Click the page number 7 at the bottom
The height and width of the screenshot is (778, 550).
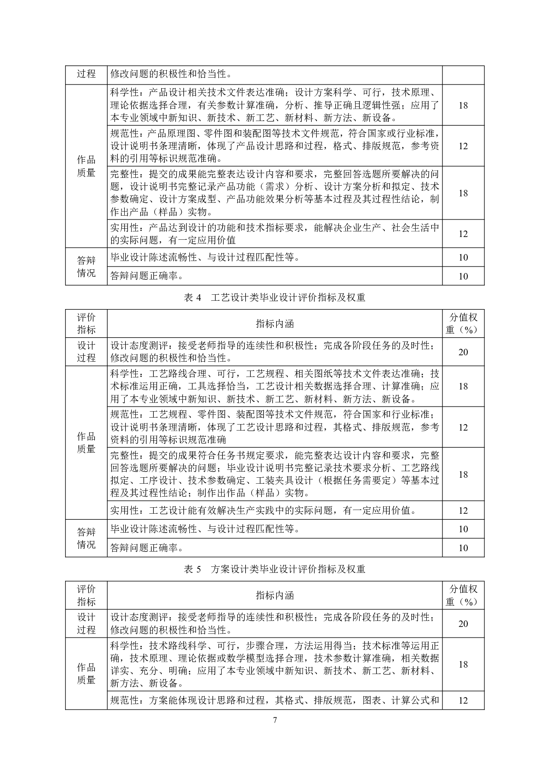click(x=275, y=720)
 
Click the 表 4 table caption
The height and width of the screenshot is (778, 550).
click(x=274, y=298)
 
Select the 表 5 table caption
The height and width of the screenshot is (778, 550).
click(x=274, y=569)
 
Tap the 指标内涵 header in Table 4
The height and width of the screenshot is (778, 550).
click(x=275, y=323)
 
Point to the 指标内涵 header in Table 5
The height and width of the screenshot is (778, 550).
click(x=275, y=595)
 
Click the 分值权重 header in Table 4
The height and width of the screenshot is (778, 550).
click(x=463, y=323)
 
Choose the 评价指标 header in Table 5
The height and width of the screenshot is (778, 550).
click(x=86, y=595)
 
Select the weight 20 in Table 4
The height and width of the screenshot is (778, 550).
click(x=463, y=352)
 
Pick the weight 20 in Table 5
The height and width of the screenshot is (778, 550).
click(x=463, y=624)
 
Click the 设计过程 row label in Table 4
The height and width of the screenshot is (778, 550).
click(x=86, y=352)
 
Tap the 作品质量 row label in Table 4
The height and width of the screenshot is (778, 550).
click(x=86, y=443)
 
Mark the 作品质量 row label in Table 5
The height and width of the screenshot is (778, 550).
click(x=86, y=674)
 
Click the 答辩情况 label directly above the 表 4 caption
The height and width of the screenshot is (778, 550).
click(x=86, y=267)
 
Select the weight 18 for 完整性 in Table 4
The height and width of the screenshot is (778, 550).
click(x=463, y=474)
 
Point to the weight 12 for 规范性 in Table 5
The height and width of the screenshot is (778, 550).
click(x=463, y=700)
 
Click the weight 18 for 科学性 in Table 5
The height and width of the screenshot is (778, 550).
click(x=463, y=664)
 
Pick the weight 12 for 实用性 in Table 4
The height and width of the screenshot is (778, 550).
click(x=463, y=511)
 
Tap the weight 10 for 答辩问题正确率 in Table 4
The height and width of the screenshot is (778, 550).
click(x=463, y=548)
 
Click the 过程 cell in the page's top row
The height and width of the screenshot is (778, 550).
click(x=86, y=74)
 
